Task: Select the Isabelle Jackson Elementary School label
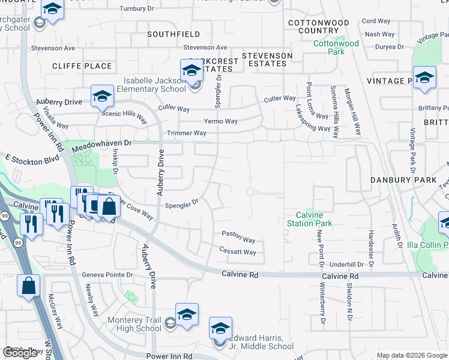click(x=155, y=85)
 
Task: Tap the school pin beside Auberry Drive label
click(x=102, y=96)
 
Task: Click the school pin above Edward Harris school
click(x=220, y=328)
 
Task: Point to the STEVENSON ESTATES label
click(x=267, y=59)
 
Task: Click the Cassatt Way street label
click(x=238, y=252)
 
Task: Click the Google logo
click(x=20, y=352)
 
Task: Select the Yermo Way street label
click(x=221, y=121)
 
